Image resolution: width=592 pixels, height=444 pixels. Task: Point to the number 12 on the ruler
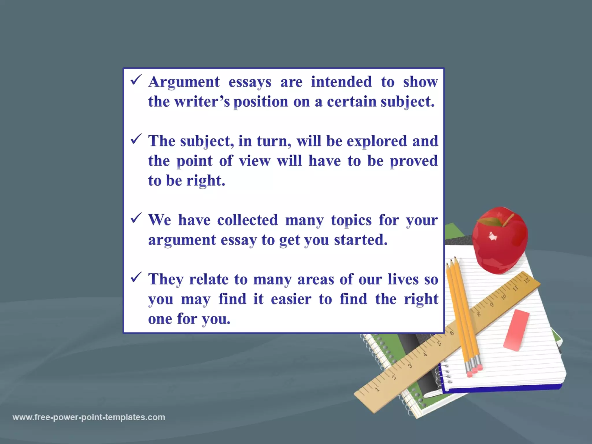pos(526,280)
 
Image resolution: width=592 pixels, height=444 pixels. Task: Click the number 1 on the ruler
pos(377,389)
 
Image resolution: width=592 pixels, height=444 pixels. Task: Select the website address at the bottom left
pos(89,417)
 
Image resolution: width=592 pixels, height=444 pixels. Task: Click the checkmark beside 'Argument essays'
pos(136,80)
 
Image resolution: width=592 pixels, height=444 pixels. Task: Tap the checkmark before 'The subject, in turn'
pos(136,139)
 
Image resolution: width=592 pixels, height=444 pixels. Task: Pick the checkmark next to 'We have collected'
pos(136,218)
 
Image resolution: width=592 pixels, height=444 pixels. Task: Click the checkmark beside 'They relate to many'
pos(136,277)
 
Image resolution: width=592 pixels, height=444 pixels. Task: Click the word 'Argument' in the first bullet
pos(184,82)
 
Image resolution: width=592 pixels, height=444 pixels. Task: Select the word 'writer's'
pos(202,102)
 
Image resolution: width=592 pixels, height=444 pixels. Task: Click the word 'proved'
pos(414,161)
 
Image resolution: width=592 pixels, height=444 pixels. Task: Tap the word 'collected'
pos(247,220)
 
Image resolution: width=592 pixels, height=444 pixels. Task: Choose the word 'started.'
pos(361,240)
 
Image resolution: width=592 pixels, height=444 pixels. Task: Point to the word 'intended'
pos(341,82)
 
